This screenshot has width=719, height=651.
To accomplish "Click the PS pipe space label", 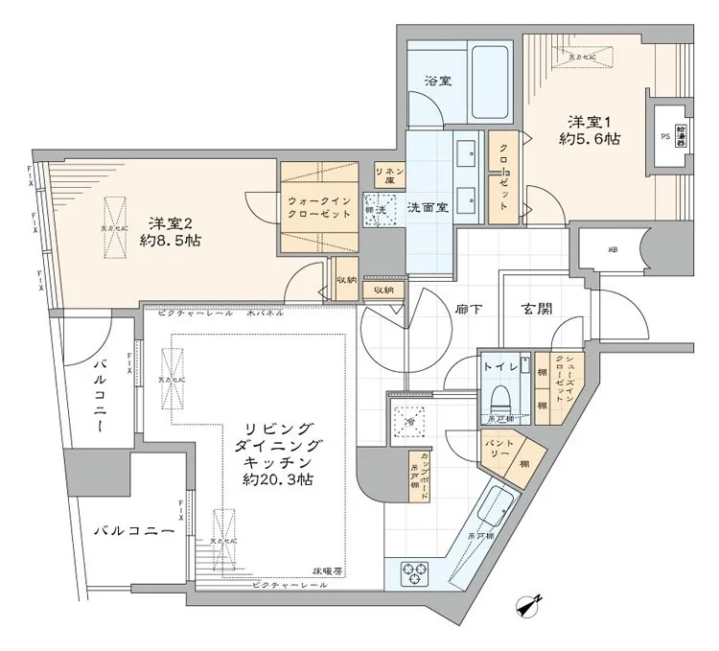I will pos(665,137).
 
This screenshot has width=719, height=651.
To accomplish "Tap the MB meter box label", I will pos(611,251).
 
